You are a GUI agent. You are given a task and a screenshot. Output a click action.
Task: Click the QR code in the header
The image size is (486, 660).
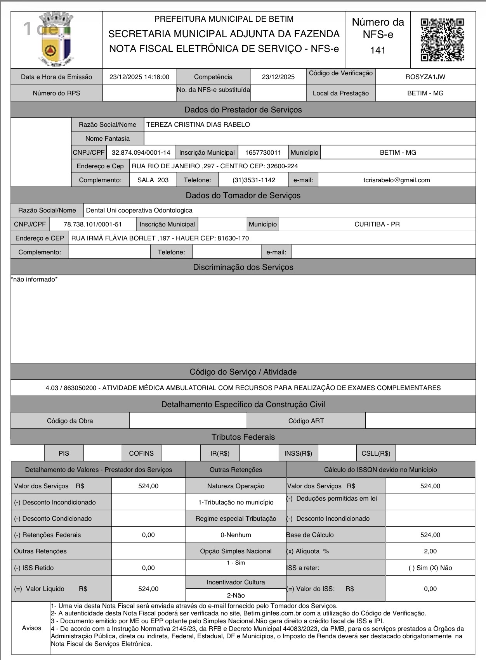(442, 40)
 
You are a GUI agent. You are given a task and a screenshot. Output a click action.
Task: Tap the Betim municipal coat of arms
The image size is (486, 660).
(57, 40)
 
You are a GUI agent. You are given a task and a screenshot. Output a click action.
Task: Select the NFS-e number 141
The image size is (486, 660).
(378, 50)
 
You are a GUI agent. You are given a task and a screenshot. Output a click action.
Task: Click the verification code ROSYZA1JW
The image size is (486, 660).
(425, 77)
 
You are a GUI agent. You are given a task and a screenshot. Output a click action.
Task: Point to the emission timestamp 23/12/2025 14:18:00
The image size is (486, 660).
(139, 77)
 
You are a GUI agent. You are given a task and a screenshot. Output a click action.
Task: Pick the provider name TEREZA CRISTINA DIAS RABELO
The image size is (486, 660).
(198, 124)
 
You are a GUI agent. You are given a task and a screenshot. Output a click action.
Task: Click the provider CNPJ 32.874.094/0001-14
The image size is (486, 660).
(141, 152)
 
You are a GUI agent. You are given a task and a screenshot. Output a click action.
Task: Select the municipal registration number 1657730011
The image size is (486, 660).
(263, 152)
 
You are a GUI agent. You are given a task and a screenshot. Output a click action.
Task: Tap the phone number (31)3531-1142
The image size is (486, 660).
(254, 180)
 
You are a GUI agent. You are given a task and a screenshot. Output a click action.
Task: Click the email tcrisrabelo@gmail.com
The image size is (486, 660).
(396, 180)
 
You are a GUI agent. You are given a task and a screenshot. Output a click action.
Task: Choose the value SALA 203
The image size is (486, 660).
(153, 180)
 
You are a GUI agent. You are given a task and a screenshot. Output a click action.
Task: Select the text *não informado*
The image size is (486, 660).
(34, 280)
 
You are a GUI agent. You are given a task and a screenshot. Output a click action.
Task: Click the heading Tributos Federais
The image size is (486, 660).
(243, 437)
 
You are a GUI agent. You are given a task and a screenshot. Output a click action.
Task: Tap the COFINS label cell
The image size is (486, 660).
(141, 453)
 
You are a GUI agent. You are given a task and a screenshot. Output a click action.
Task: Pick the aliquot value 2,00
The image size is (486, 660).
(430, 551)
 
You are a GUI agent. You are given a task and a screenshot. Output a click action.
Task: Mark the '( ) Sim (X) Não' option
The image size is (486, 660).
(430, 568)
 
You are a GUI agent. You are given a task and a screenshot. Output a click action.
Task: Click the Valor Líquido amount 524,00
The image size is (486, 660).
(148, 589)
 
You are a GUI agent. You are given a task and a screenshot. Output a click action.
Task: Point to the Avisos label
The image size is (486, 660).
(31, 628)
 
